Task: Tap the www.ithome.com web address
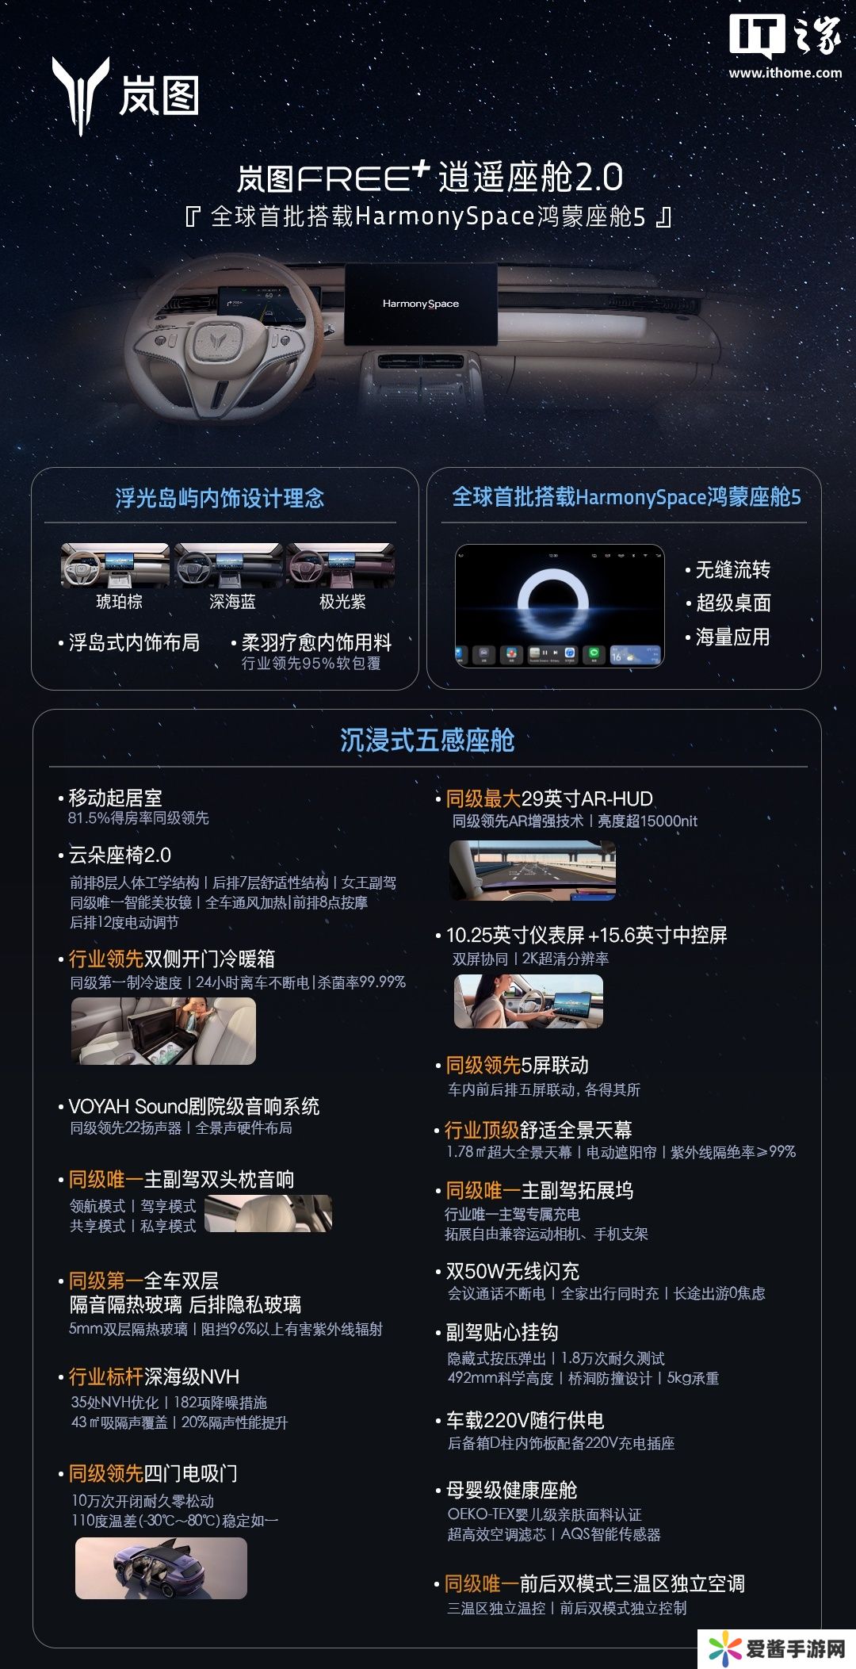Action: click(x=785, y=73)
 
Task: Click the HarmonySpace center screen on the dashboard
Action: click(x=421, y=304)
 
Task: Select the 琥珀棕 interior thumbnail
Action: click(x=115, y=565)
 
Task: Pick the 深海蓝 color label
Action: click(x=232, y=602)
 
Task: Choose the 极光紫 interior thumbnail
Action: click(x=341, y=565)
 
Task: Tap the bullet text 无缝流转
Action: click(x=733, y=569)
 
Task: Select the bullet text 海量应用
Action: click(x=733, y=637)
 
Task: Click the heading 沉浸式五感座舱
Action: click(x=427, y=740)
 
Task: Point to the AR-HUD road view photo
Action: click(x=533, y=870)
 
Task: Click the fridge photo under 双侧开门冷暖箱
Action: click(x=163, y=1031)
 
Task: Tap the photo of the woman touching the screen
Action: click(x=529, y=1001)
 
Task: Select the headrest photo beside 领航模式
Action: click(x=269, y=1214)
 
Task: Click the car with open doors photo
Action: click(x=161, y=1568)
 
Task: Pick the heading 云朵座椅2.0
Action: click(x=120, y=855)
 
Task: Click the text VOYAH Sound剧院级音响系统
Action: click(x=194, y=1106)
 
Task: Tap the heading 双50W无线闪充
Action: click(x=513, y=1271)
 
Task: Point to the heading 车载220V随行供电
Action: click(x=525, y=1420)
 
